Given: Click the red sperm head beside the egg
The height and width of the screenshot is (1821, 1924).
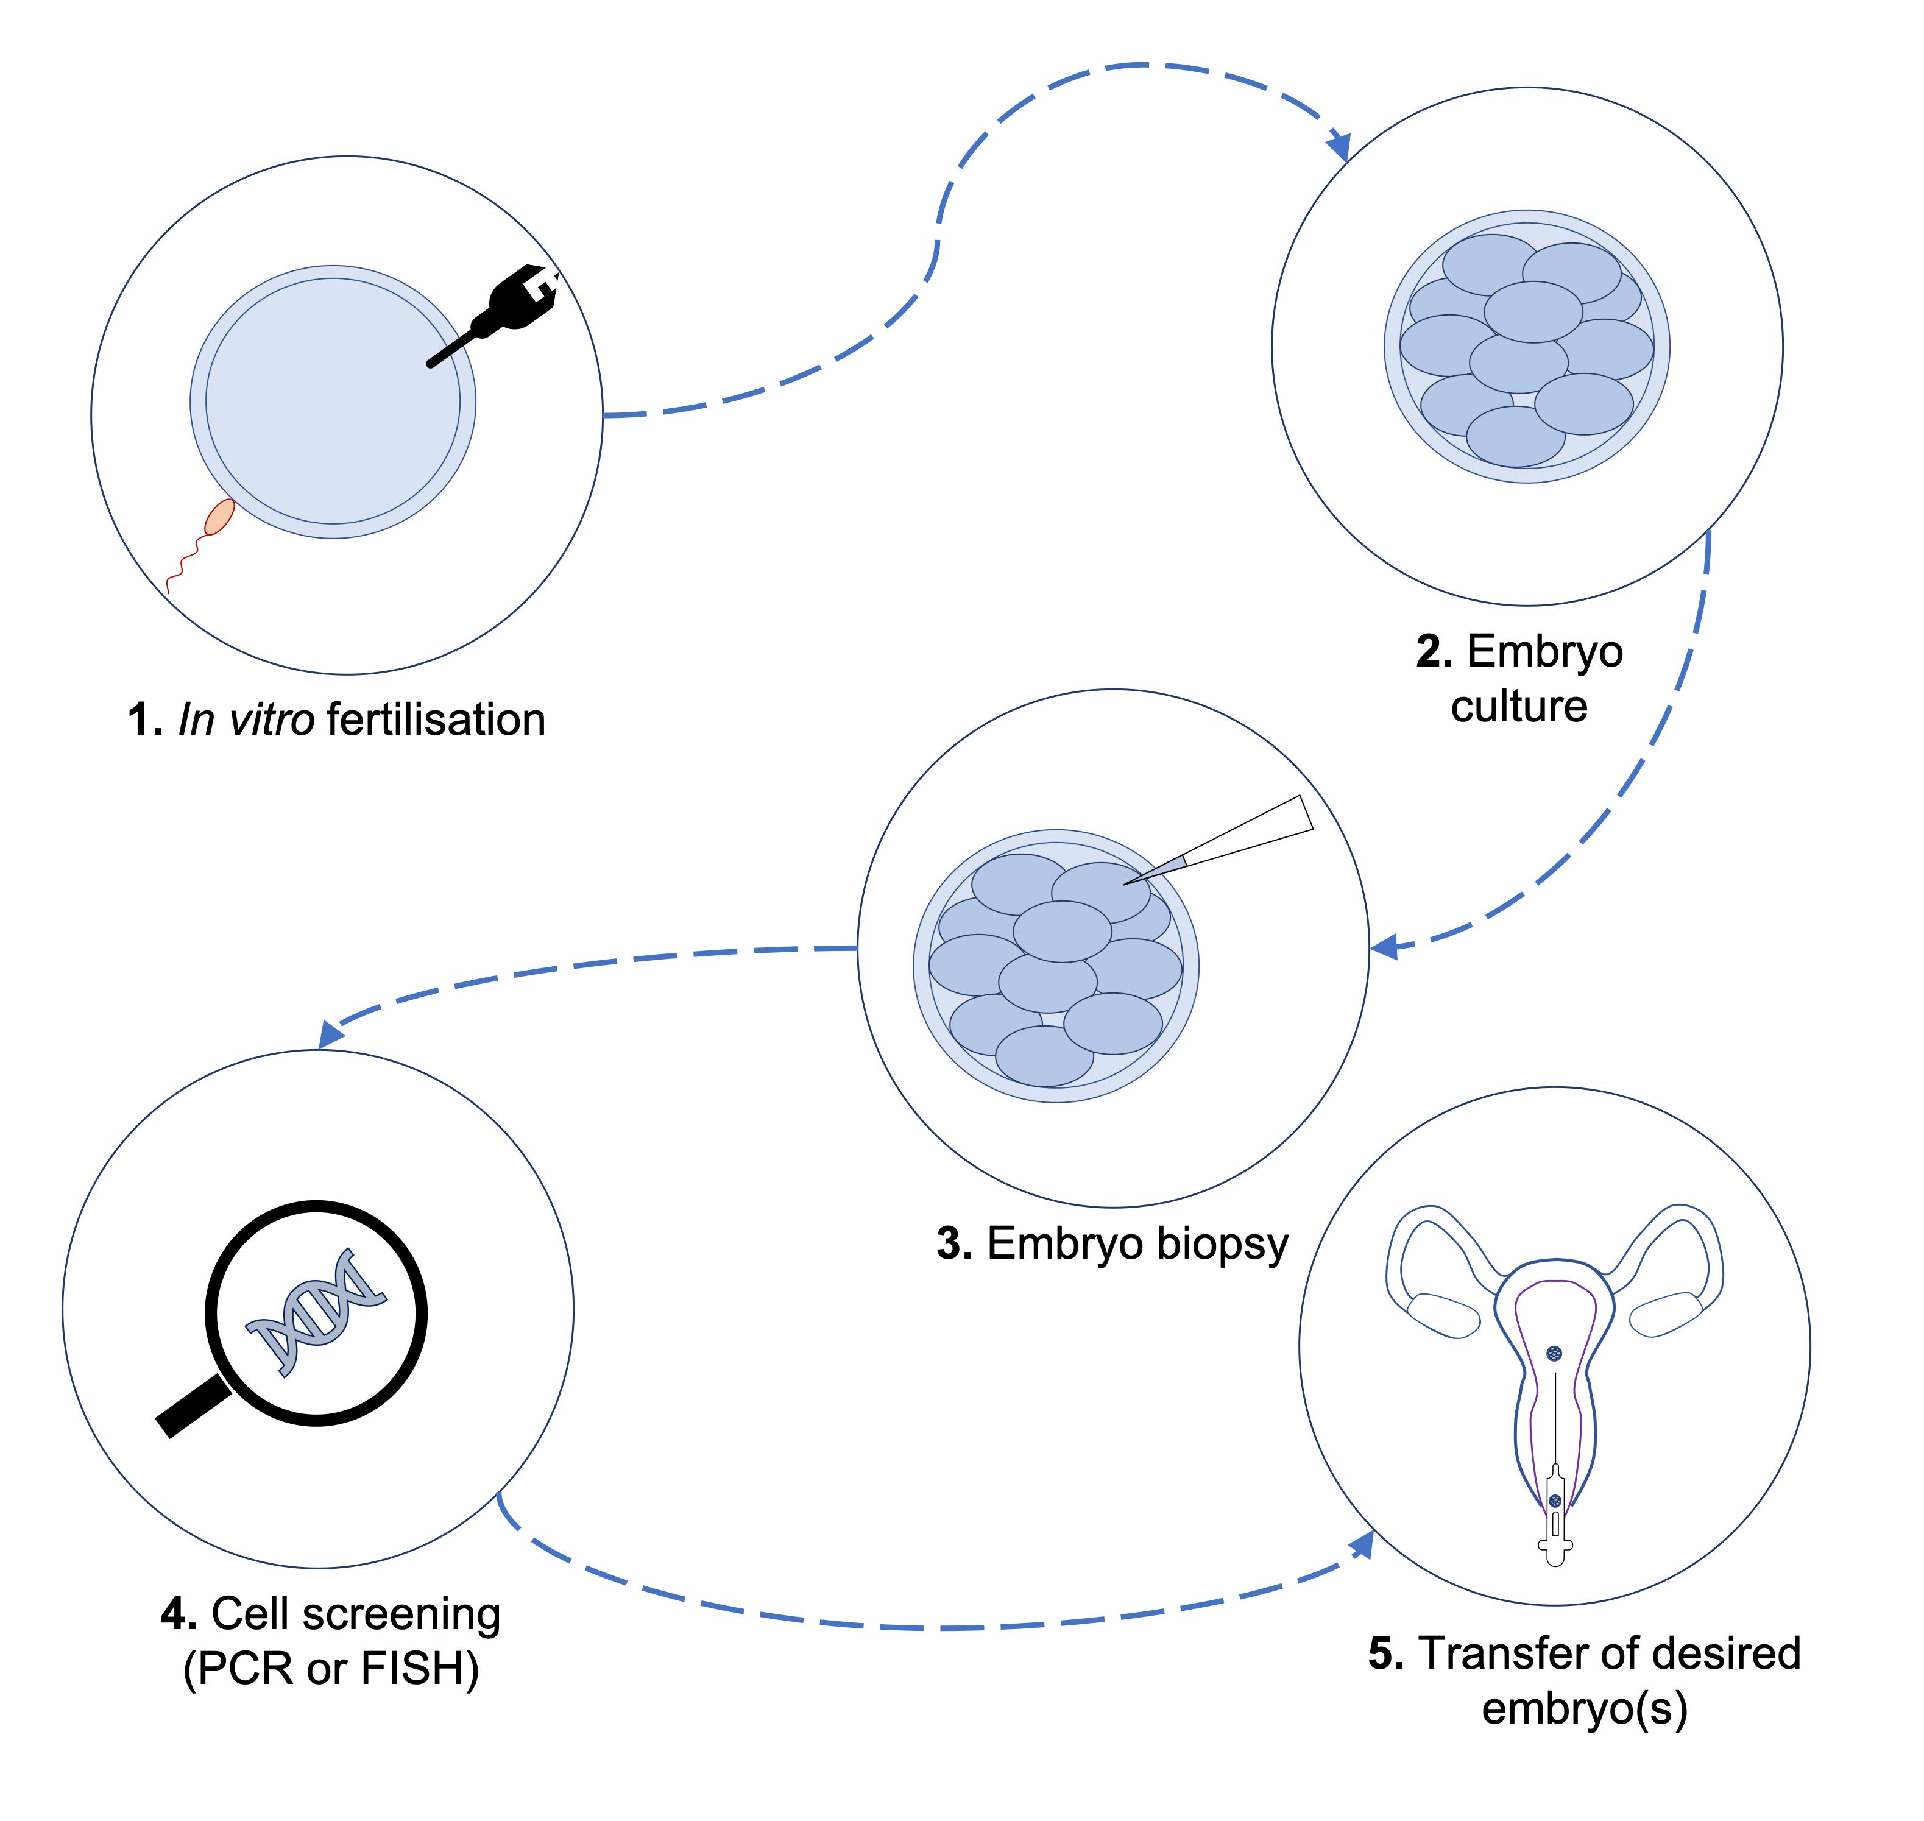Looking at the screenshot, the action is coord(219,517).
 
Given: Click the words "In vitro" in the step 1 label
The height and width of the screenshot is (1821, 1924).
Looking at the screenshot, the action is coord(247,720).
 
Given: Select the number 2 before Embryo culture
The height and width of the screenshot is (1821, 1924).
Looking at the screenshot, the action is coord(1434,651).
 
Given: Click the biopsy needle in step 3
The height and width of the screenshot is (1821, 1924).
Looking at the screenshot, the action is coord(1219,840).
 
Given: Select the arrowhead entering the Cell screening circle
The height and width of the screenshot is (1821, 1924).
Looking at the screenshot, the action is coord(331,1034).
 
